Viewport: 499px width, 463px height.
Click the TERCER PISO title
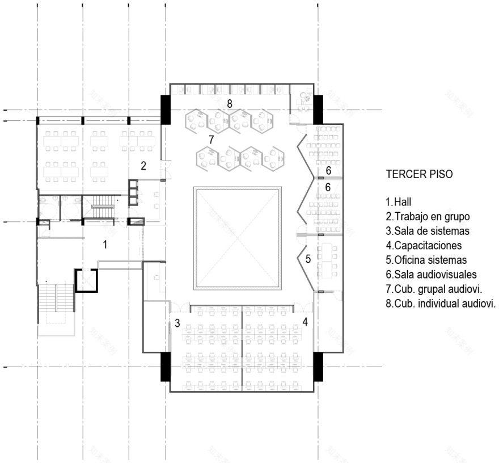tap(419, 174)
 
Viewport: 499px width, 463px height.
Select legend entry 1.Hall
tap(399, 202)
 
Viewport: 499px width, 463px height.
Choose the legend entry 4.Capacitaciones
tap(424, 246)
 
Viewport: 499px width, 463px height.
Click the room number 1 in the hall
tap(105, 245)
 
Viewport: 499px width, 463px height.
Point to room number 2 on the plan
tap(143, 166)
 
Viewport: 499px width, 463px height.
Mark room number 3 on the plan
tap(177, 323)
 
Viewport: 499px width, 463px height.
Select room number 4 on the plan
tap(305, 322)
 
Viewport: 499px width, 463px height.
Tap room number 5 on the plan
tap(308, 259)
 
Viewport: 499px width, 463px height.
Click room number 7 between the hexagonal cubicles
tap(212, 140)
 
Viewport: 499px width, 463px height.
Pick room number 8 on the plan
tap(230, 103)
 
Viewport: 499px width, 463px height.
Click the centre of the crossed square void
tap(238, 238)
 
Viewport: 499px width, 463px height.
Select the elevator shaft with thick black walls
tap(86, 280)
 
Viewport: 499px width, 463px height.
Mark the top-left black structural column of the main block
tap(166, 110)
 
